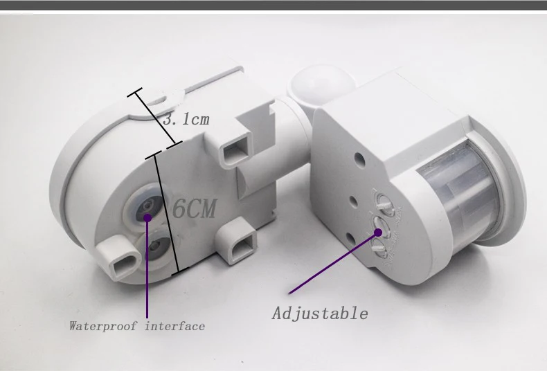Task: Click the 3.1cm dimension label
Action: (x=186, y=120)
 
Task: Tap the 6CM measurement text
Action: (x=195, y=209)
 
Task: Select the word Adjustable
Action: (x=320, y=313)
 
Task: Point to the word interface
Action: (x=174, y=327)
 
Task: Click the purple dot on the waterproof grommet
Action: (x=147, y=217)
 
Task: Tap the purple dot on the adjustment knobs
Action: (x=378, y=232)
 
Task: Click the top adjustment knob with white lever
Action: (x=383, y=201)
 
